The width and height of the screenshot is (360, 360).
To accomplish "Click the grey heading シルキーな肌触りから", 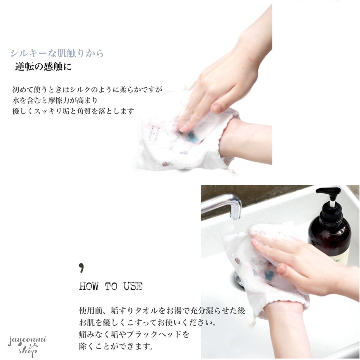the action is point(57,53).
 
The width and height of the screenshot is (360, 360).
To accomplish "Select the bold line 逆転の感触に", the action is point(43,67).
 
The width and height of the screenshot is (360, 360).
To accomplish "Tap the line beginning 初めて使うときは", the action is point(87,90).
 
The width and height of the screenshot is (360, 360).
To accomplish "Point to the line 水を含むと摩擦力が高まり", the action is point(55,100).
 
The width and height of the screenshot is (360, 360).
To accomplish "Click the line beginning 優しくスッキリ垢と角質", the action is point(73,111).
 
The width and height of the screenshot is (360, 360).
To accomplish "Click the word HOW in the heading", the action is point(89,286).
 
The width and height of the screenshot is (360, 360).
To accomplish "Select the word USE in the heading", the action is point(133,286).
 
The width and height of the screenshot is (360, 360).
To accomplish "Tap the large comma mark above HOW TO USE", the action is point(82,268).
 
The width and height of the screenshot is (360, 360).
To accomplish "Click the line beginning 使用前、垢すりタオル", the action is point(162,311).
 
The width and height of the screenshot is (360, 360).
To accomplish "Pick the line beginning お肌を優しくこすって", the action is point(148,322).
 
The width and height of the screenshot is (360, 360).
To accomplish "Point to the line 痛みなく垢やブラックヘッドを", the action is point(134,334).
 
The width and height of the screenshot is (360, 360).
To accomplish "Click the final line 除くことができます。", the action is point(116,345).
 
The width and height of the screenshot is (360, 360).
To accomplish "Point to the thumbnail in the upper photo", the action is point(217,108).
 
